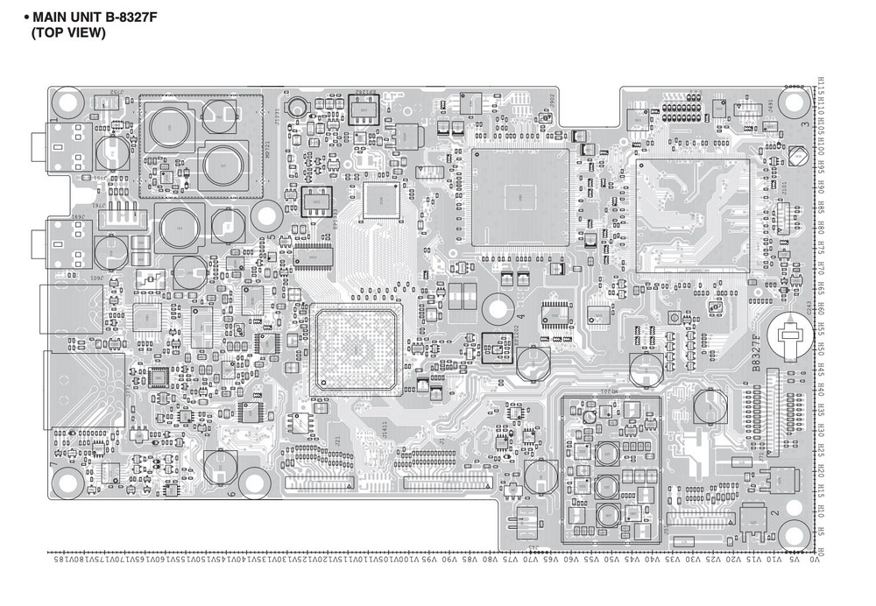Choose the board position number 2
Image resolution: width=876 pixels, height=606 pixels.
774,511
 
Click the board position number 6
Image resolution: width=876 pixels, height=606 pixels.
230,495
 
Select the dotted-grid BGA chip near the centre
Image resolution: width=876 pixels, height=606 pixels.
354,348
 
